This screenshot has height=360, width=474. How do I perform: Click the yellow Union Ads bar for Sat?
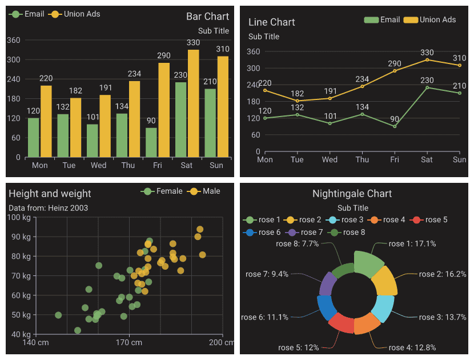click(x=194, y=103)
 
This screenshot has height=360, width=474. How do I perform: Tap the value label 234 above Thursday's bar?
click(x=134, y=74)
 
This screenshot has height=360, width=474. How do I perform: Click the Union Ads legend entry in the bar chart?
click(x=75, y=14)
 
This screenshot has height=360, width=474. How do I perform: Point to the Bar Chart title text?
click(x=207, y=17)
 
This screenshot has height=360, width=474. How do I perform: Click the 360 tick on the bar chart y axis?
click(x=14, y=40)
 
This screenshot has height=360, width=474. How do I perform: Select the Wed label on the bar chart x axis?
click(x=98, y=166)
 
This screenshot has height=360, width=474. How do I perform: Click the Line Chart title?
click(x=271, y=22)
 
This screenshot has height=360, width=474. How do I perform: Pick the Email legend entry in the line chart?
click(x=382, y=20)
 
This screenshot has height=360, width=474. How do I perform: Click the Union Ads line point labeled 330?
click(x=427, y=59)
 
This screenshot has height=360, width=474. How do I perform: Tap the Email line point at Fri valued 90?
click(x=395, y=126)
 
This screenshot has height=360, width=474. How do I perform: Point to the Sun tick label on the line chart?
click(x=459, y=160)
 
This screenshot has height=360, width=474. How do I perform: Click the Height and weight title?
click(x=50, y=194)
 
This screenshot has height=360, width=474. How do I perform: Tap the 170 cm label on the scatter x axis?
click(x=129, y=342)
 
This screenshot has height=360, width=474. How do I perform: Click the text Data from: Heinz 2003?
click(x=49, y=208)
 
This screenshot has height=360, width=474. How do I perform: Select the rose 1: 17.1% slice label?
click(x=412, y=243)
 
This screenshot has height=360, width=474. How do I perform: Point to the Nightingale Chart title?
click(x=352, y=194)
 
